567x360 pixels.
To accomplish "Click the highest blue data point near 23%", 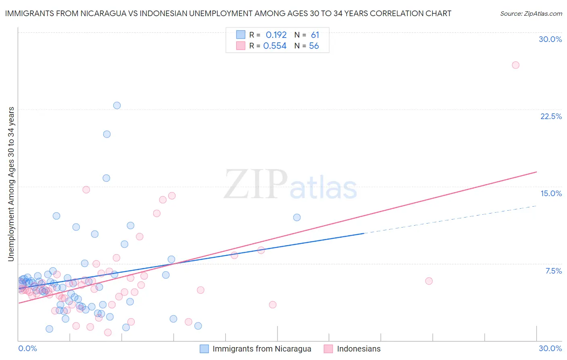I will [x=117, y=105].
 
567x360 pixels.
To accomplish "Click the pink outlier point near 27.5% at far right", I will [x=515, y=65].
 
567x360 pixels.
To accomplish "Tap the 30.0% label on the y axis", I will [x=550, y=39].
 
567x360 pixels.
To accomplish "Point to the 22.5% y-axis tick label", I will [x=551, y=116].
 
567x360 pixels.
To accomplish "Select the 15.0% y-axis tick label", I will [x=551, y=193].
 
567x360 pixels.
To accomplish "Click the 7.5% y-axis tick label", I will [x=553, y=271].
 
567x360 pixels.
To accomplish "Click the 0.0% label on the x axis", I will [x=27, y=348].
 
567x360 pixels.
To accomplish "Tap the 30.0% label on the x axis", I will [x=550, y=348].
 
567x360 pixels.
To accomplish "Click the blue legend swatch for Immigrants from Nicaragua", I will [x=204, y=349].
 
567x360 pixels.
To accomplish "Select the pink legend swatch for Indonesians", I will [x=329, y=349].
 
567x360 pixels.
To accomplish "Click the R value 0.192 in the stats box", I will [x=276, y=35].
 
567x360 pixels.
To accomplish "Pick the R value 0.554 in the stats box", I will [x=275, y=46].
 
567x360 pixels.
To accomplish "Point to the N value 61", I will [x=315, y=35].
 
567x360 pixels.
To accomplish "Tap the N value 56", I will [x=314, y=46].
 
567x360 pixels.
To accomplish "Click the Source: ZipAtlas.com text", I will [x=531, y=13].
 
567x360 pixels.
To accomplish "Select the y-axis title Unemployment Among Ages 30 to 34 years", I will [x=11, y=184].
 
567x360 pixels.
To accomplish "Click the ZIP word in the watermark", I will [x=256, y=184].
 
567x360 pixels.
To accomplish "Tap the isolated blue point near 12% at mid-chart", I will [x=297, y=217].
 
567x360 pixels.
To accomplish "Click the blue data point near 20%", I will [x=107, y=134].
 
